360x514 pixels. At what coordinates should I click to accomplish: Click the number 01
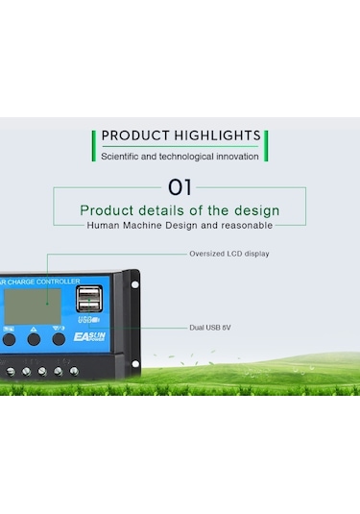(x=180, y=186)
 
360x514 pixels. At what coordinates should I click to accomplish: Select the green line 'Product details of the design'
(x=180, y=210)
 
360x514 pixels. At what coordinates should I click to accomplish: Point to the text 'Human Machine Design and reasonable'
(x=180, y=225)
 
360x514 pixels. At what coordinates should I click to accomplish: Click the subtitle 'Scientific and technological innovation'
(x=180, y=156)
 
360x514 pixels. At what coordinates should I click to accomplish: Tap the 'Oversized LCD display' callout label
(x=228, y=254)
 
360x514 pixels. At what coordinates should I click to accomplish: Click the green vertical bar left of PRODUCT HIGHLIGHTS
(x=94, y=145)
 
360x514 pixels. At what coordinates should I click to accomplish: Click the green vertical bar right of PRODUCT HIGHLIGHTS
(x=266, y=145)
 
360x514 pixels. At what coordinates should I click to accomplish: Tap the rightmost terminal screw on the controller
(x=72, y=370)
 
